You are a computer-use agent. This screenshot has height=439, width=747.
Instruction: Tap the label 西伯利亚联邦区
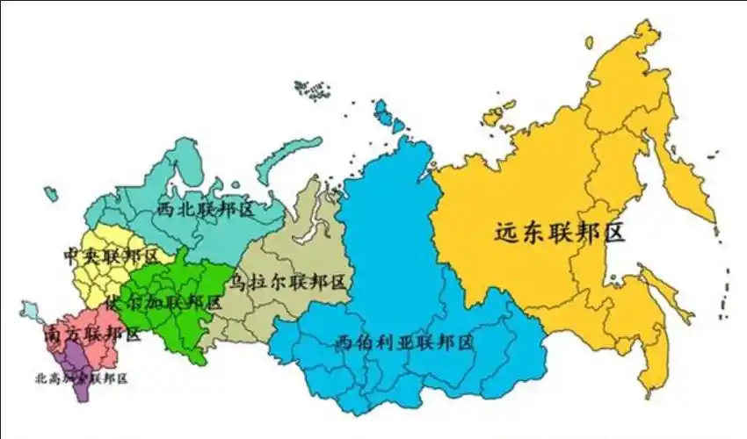404,342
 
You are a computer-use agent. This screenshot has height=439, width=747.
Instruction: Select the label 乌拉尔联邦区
287,282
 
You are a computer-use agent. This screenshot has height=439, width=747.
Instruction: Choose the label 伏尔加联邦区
163,302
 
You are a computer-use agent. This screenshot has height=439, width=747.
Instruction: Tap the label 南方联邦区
91,334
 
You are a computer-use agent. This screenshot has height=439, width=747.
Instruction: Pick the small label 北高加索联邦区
81,378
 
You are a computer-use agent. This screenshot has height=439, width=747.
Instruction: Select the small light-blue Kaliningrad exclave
30,310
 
